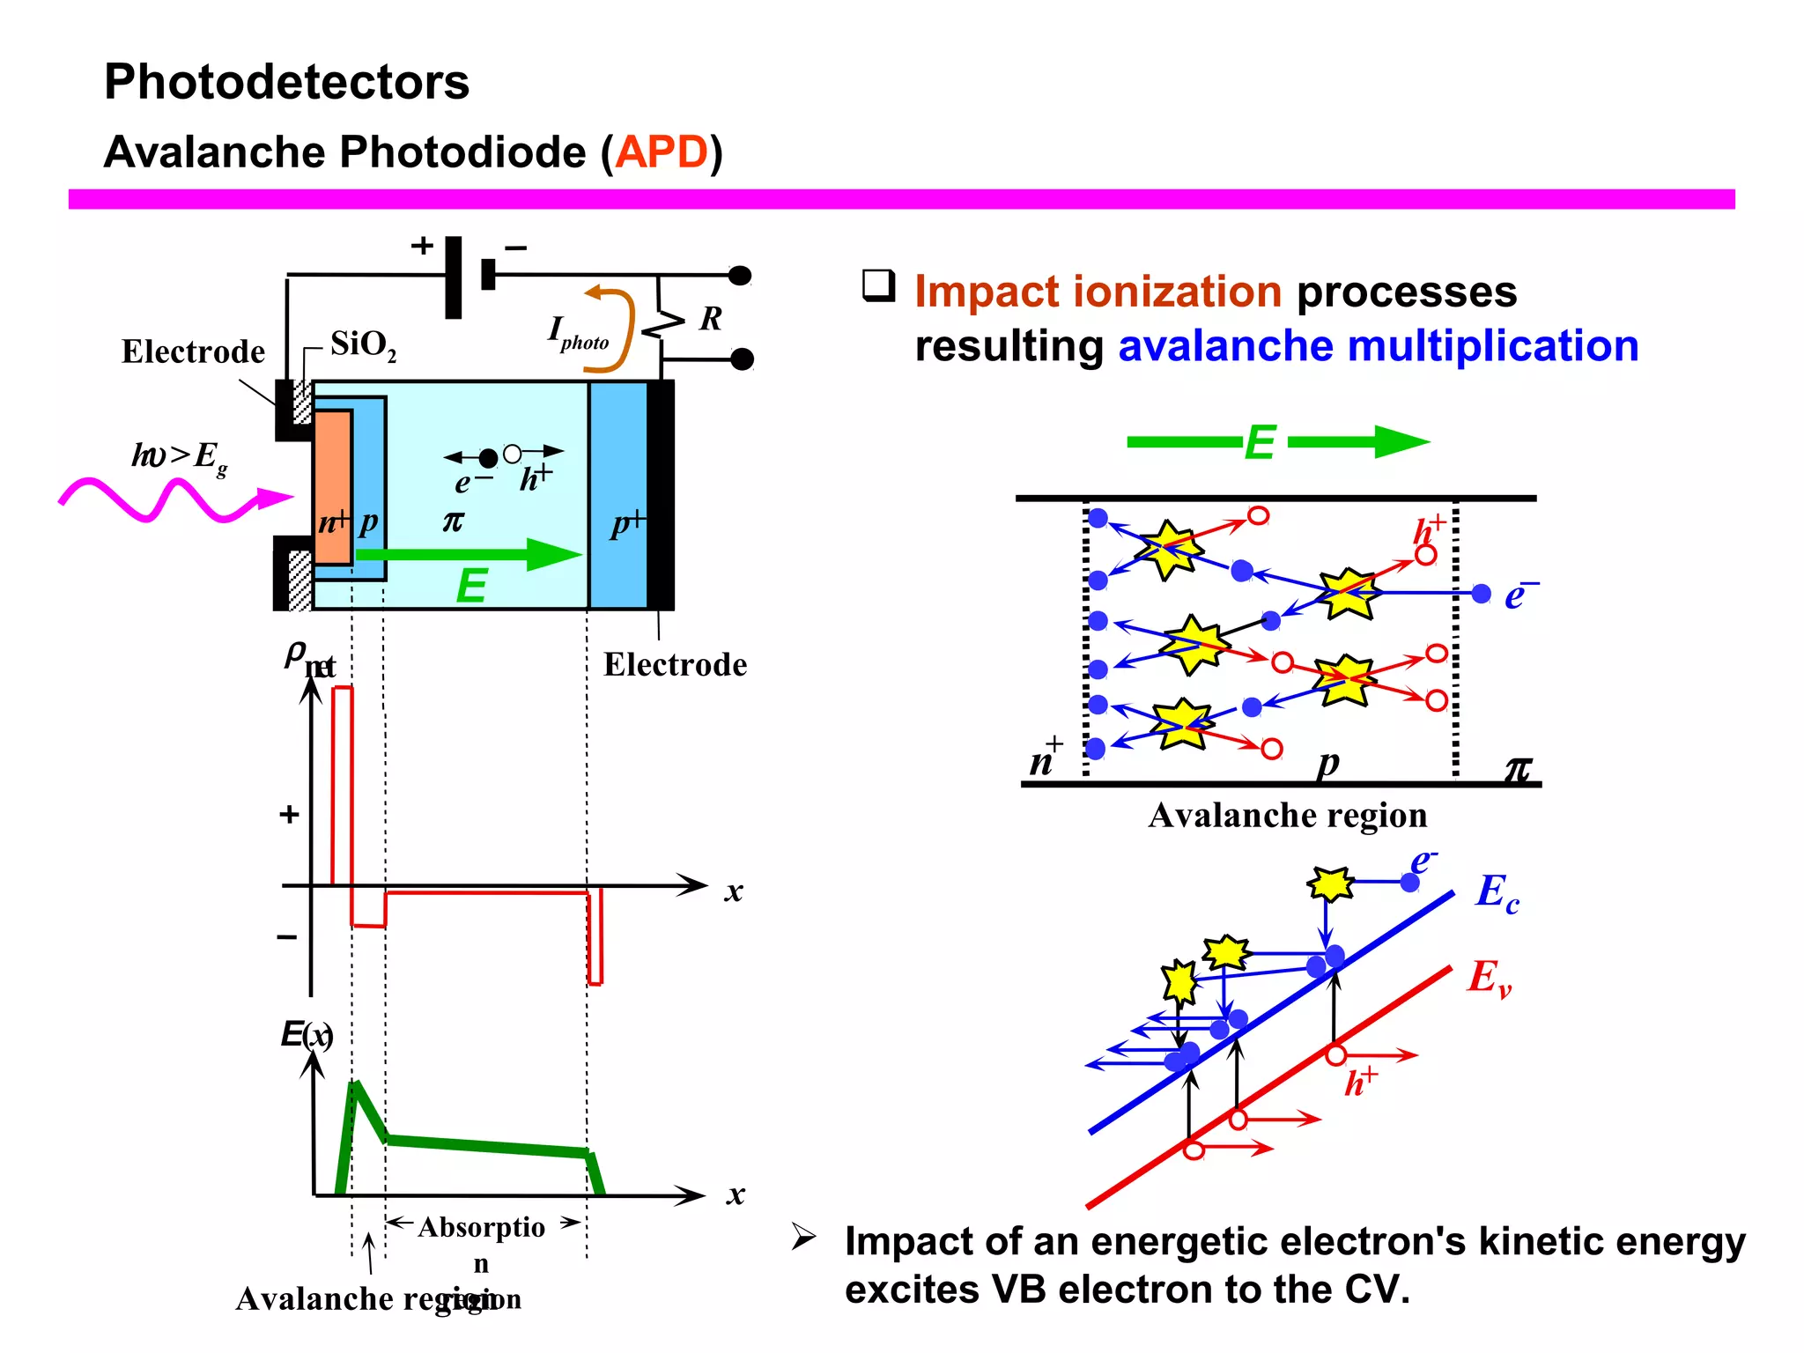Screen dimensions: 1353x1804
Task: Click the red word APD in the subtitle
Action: click(x=662, y=152)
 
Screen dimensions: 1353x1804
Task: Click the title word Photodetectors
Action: click(x=286, y=82)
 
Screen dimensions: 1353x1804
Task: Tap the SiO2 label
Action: click(x=363, y=344)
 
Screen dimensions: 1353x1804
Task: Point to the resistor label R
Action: click(x=710, y=318)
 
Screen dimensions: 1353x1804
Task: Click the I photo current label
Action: click(x=577, y=333)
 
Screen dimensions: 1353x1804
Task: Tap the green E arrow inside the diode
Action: click(x=467, y=554)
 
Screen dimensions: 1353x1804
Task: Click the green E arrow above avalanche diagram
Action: click(x=1277, y=442)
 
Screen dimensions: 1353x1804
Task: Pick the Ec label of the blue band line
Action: click(x=1497, y=892)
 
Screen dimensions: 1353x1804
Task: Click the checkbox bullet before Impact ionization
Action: click(x=878, y=285)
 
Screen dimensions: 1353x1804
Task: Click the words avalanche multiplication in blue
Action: click(x=1378, y=345)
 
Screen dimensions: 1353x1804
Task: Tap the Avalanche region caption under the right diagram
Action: click(x=1287, y=816)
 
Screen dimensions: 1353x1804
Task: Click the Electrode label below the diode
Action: click(x=675, y=664)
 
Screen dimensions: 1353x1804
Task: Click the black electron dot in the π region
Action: click(x=488, y=457)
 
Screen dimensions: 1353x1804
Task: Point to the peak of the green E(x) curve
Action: click(x=355, y=1084)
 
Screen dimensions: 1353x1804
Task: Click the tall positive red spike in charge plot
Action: click(x=342, y=784)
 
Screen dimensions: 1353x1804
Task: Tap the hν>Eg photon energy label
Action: click(x=180, y=456)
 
